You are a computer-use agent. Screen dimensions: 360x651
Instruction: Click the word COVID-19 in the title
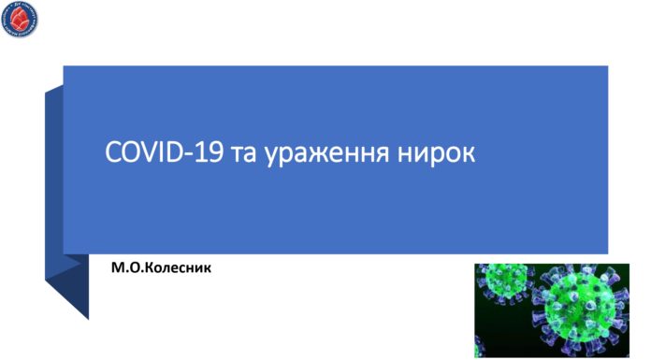[163, 151]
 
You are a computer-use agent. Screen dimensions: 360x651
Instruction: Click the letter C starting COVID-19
[113, 151]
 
